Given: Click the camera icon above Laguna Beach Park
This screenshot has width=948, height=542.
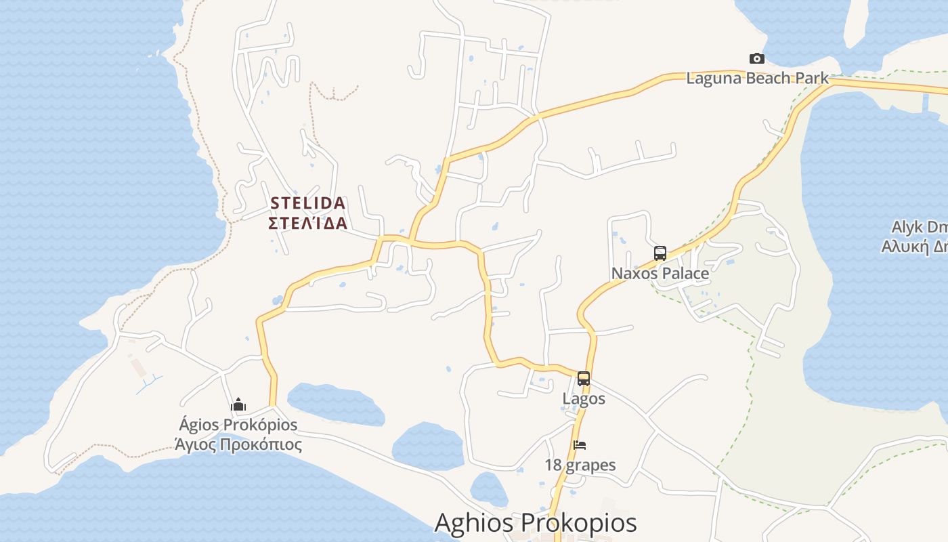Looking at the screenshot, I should tap(756, 59).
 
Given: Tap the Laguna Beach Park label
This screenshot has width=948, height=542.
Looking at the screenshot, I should tap(757, 78).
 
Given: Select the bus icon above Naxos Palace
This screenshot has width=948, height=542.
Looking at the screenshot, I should tap(660, 253).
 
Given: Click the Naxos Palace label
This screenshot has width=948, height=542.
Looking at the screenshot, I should tap(660, 274).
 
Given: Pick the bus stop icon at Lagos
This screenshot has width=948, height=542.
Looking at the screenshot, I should tap(584, 379).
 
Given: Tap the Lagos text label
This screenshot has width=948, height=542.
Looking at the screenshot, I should tap(584, 398).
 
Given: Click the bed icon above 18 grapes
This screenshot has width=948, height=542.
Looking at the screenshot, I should tap(580, 445).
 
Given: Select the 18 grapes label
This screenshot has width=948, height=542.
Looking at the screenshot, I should tap(580, 465).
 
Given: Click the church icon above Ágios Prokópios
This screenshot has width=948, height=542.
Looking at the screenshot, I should tap(238, 405).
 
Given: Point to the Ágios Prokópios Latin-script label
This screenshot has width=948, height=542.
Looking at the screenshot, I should tap(238, 425).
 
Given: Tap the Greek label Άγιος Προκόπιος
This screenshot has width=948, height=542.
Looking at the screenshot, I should tap(238, 444).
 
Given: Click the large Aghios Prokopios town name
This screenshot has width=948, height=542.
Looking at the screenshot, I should tap(535, 523).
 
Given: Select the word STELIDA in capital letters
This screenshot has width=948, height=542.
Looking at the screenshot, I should tap(308, 203).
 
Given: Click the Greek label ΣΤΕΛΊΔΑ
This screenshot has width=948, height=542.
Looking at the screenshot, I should tap(308, 223).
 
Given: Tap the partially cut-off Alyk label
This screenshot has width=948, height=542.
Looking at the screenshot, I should tap(919, 227).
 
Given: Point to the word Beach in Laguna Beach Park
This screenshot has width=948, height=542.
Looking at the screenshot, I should tap(752, 78).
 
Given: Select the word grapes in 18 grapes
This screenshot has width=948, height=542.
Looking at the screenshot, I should tap(590, 465).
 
